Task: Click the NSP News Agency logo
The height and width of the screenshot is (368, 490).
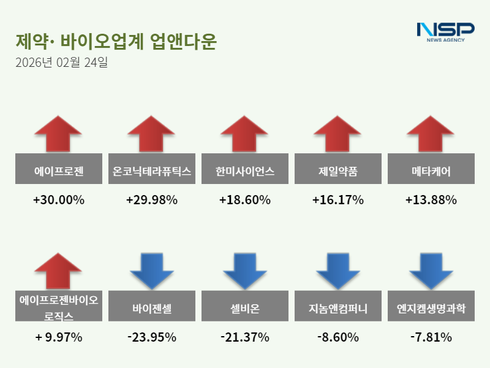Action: (445, 32)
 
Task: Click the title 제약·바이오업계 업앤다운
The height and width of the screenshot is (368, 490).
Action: (116, 42)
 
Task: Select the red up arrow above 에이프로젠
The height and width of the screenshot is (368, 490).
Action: (58, 133)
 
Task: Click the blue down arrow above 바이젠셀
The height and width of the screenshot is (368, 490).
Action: (151, 270)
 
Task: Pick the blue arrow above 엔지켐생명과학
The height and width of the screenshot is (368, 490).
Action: (431, 270)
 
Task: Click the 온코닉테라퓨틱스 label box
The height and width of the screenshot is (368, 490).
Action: (152, 169)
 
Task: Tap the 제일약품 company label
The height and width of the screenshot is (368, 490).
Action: (338, 169)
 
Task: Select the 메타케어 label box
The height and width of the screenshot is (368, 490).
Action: (431, 169)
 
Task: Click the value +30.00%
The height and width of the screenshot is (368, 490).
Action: (59, 200)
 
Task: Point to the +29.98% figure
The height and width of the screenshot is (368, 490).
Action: (152, 200)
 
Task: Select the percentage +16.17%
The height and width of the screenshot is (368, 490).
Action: (338, 200)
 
